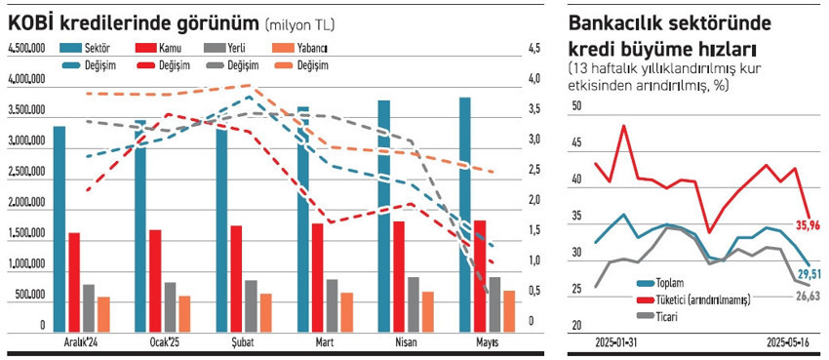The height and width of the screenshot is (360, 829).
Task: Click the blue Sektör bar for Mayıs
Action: pos(465,215)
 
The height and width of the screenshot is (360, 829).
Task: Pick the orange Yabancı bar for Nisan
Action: pos(428,310)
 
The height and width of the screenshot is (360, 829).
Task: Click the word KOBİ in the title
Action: pos(33,20)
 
